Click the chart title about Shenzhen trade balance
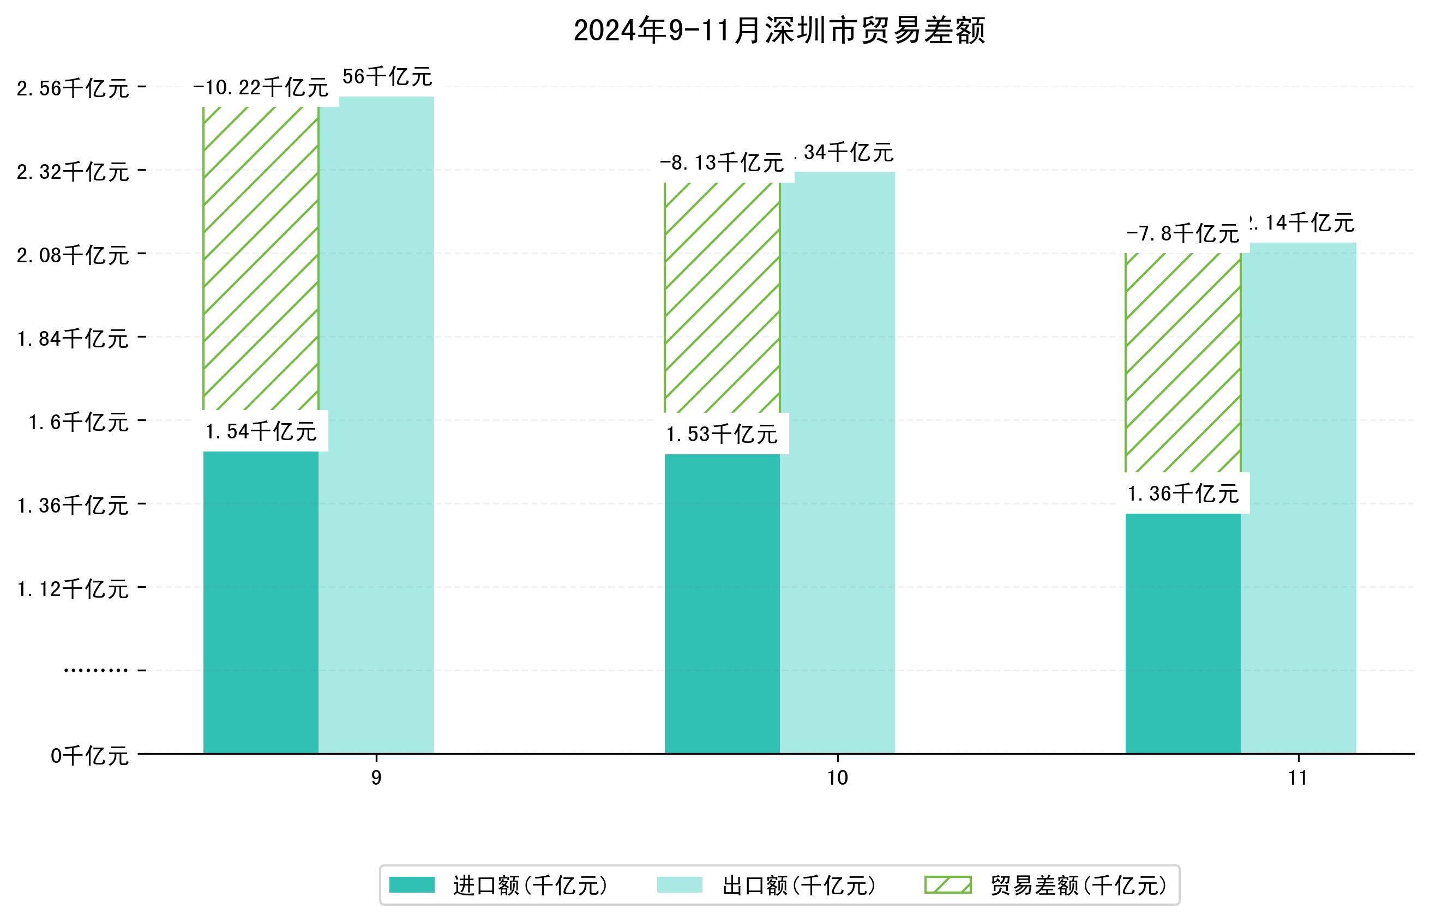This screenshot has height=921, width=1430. (779, 31)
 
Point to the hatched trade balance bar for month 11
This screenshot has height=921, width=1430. (1182, 363)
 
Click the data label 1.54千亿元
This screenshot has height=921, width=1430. (261, 431)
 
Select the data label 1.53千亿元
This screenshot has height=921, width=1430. (722, 434)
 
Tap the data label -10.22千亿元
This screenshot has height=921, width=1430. (261, 88)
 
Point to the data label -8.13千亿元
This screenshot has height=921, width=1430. (722, 162)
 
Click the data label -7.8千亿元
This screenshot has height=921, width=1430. (1182, 233)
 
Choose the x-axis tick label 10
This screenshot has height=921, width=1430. (837, 778)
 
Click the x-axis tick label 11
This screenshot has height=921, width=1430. (1298, 778)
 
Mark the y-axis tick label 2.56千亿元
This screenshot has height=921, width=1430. (73, 88)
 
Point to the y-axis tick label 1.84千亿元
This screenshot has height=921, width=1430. (73, 339)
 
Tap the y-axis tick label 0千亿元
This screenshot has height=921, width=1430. (89, 756)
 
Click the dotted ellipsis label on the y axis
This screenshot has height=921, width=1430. (95, 670)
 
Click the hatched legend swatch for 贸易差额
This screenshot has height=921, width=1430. (947, 885)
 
